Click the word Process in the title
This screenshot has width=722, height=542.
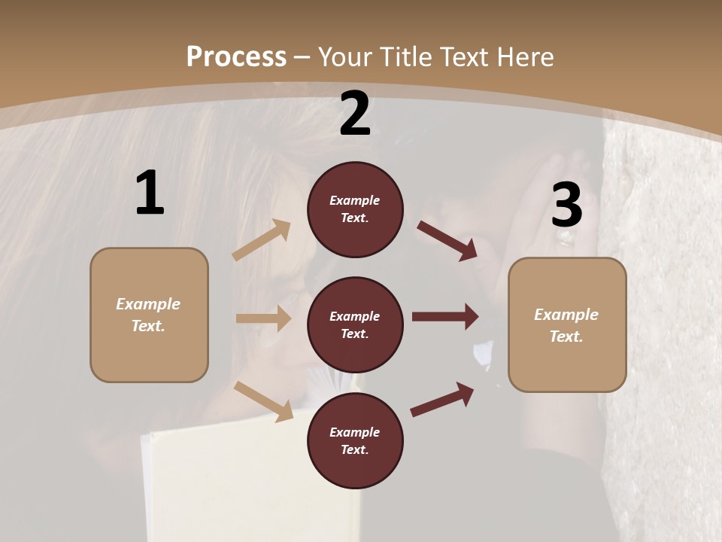click(236, 57)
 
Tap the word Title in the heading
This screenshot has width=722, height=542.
click(401, 57)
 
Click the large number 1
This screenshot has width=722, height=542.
click(150, 193)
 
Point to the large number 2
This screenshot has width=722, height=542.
click(355, 114)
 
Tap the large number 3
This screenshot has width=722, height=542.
click(566, 206)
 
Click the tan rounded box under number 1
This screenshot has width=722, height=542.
click(149, 315)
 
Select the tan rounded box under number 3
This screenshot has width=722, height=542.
click(567, 325)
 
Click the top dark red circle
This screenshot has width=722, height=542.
click(355, 209)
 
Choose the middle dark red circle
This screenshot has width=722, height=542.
click(355, 325)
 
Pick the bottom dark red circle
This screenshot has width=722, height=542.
click(355, 441)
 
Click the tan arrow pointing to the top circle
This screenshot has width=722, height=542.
click(262, 240)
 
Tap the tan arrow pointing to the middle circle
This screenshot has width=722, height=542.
click(263, 318)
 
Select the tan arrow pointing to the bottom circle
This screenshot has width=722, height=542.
click(264, 401)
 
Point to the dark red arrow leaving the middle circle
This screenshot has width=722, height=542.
click(445, 317)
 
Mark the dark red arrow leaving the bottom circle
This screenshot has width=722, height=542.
click(442, 400)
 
